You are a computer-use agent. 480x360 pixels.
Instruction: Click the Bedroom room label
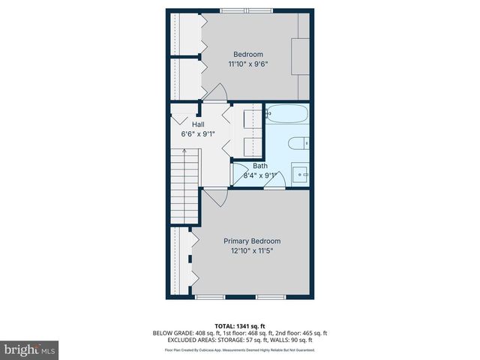pyautogui.click(x=248, y=54)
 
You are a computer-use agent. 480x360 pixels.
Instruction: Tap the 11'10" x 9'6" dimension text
pyautogui.click(x=248, y=64)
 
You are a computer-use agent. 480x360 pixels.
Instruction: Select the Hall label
pyautogui.click(x=198, y=124)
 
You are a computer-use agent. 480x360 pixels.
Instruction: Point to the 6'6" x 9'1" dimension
pyautogui.click(x=198, y=134)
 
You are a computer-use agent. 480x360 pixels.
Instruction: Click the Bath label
pyautogui.click(x=259, y=166)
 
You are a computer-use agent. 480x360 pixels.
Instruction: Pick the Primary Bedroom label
pyautogui.click(x=252, y=241)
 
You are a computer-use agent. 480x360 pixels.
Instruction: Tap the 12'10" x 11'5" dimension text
pyautogui.click(x=252, y=251)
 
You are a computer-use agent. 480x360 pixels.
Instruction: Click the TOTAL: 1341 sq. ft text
pyautogui.click(x=240, y=325)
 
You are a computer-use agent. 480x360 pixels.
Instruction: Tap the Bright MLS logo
pyautogui.click(x=30, y=349)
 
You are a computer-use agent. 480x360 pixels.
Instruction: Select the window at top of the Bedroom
pyautogui.click(x=246, y=10)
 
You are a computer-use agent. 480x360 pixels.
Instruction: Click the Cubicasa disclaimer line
pyautogui.click(x=240, y=350)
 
